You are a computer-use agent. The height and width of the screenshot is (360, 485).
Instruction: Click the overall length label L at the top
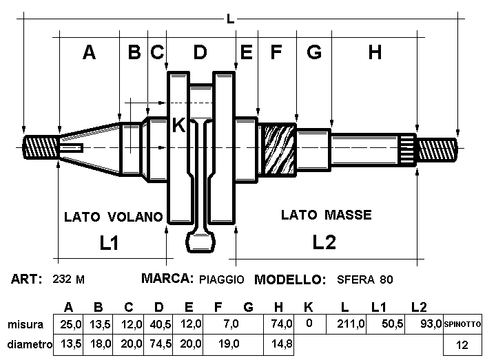point(230,19)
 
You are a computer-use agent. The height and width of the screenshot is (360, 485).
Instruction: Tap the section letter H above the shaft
point(375,52)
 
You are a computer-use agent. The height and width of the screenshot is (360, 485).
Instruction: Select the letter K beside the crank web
point(178,125)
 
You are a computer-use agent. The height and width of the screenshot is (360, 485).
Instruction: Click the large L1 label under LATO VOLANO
point(109,242)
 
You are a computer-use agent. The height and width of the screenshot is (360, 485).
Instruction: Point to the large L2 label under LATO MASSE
point(324,242)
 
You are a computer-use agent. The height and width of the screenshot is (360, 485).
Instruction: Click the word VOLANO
point(136,217)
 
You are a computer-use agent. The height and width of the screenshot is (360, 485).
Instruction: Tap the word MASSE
point(348,215)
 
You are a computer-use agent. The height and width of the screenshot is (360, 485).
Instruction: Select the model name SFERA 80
point(365,279)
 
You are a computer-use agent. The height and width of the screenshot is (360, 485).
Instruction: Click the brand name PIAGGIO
point(221,279)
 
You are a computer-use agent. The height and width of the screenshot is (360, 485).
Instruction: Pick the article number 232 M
point(68,279)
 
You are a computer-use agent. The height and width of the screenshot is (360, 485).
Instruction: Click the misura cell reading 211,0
point(351,324)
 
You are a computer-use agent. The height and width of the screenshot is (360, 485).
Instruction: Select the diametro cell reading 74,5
point(161,344)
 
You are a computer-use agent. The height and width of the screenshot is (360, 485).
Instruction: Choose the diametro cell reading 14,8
point(282,344)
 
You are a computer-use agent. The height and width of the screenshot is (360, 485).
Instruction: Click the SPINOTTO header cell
point(462,324)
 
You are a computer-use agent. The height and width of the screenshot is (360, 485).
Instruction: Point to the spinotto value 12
point(462,345)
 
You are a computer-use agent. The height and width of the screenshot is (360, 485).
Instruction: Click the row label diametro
point(30,344)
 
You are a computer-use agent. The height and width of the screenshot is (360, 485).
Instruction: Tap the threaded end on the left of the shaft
point(41,147)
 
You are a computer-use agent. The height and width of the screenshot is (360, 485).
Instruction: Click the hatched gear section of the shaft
point(278,149)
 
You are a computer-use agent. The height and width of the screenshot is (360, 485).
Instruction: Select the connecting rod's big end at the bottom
point(200,242)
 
